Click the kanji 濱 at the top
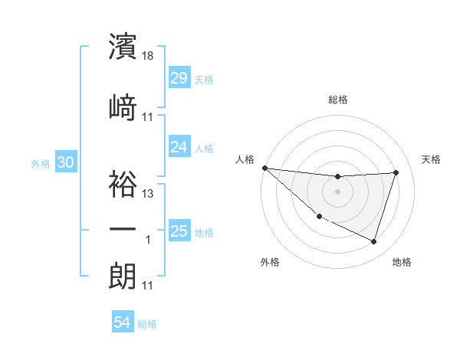[x=123, y=46]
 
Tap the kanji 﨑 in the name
[x=123, y=106]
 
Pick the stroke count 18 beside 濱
[x=149, y=56]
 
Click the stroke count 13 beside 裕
[x=149, y=194]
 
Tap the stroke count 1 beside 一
[x=149, y=240]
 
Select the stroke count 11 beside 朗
[x=149, y=286]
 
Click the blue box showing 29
[x=179, y=78]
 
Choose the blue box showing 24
[x=179, y=146]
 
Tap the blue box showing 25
[x=179, y=231]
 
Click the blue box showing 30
[x=65, y=162]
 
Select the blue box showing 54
[x=123, y=323]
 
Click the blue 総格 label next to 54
[x=147, y=324]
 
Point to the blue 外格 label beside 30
[x=40, y=163]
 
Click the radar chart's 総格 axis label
[x=338, y=100]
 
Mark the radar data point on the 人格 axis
[x=264, y=168]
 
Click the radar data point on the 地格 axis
[x=374, y=242]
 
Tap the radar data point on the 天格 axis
[x=396, y=172]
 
